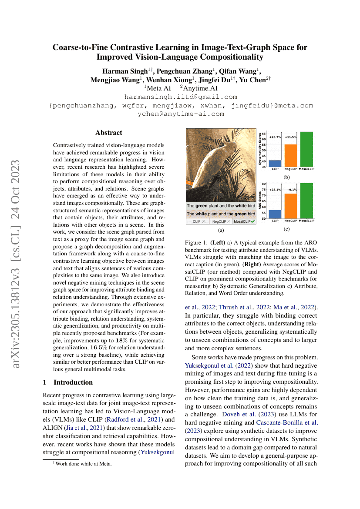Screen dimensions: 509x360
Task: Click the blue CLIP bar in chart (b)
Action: tap(275, 163)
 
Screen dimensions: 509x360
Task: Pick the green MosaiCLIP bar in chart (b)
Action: tap(306, 149)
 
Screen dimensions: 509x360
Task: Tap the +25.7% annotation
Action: tap(275, 137)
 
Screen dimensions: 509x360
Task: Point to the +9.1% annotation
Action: tap(291, 190)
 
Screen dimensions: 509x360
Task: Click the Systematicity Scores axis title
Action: tap(259, 150)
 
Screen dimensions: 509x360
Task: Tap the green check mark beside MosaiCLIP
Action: tap(253, 221)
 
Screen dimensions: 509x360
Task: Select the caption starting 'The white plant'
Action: tap(221, 214)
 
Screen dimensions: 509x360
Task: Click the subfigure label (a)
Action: tap(221, 230)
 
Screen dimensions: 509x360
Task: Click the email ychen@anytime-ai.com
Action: tap(181, 114)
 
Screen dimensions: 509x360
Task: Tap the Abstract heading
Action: tap(109, 133)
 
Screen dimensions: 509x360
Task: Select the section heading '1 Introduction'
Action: tap(67, 382)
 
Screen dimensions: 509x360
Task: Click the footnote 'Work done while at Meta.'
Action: tap(83, 464)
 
